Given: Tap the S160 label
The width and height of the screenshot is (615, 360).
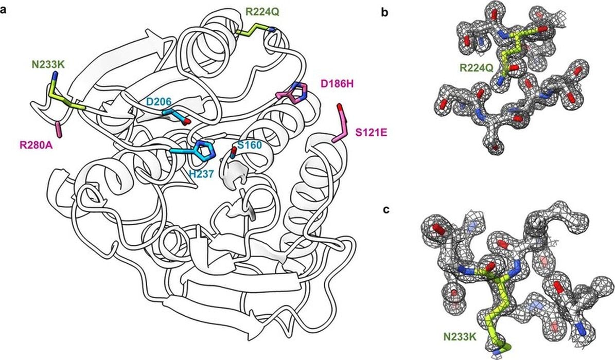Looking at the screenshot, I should click(249, 146).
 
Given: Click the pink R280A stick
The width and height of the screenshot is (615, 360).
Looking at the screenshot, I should click(59, 129).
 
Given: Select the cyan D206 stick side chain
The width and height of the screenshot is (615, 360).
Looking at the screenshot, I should click(175, 114).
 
